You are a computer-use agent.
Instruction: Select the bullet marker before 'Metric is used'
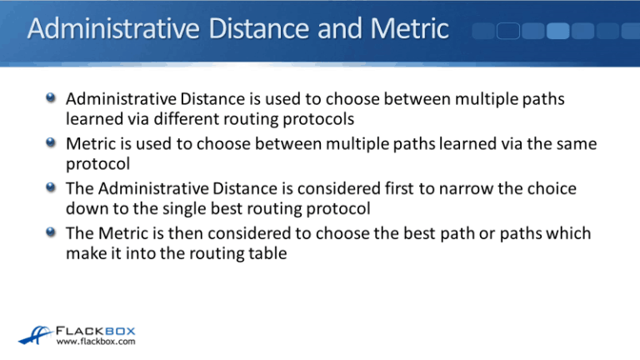click(52, 144)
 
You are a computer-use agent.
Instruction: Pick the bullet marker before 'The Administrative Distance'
click(52, 188)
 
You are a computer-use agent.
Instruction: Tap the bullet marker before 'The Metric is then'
click(52, 232)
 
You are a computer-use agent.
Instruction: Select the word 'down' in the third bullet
click(86, 209)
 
